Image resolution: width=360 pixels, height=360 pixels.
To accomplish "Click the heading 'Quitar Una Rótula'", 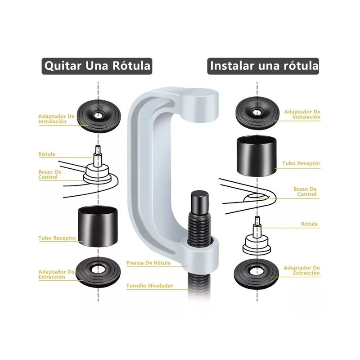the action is click(x=97, y=66).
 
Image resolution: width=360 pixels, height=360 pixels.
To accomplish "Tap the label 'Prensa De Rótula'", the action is click(x=148, y=263).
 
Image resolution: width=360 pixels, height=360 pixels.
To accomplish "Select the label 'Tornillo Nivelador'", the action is click(x=150, y=286).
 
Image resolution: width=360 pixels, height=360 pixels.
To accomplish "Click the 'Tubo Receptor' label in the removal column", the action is click(x=57, y=238).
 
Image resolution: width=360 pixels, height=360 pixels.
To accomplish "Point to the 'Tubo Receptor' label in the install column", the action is click(x=301, y=163).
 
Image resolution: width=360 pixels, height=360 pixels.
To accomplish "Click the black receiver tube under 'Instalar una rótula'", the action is click(x=256, y=156).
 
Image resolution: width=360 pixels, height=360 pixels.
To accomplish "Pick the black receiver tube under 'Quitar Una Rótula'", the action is click(x=98, y=226).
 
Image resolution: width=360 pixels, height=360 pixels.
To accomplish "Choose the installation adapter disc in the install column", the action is click(x=257, y=113).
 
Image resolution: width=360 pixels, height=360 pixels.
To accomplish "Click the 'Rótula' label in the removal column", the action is click(x=47, y=154).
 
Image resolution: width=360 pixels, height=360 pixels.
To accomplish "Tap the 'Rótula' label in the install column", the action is click(x=309, y=224).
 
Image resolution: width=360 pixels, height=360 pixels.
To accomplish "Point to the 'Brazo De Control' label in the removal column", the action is click(x=50, y=175).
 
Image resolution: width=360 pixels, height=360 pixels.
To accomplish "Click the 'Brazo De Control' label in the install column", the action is click(x=305, y=192).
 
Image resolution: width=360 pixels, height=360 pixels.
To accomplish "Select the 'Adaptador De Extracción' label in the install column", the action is click(x=301, y=270).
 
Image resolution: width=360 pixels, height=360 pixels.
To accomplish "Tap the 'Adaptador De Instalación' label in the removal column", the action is click(x=57, y=119).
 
